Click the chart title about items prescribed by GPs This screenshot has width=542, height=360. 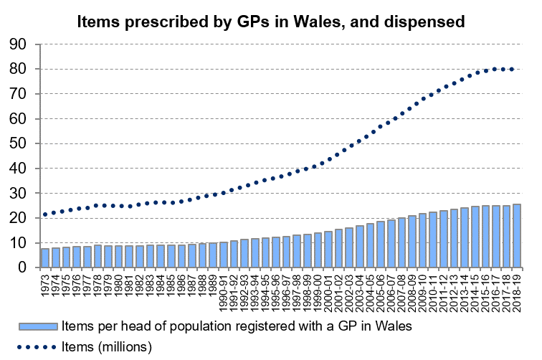tap(272, 22)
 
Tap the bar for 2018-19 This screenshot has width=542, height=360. tap(516, 236)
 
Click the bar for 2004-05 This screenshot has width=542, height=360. tap(370, 245)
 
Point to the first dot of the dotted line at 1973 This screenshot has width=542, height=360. tap(44, 214)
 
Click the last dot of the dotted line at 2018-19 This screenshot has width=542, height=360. tap(511, 69)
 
